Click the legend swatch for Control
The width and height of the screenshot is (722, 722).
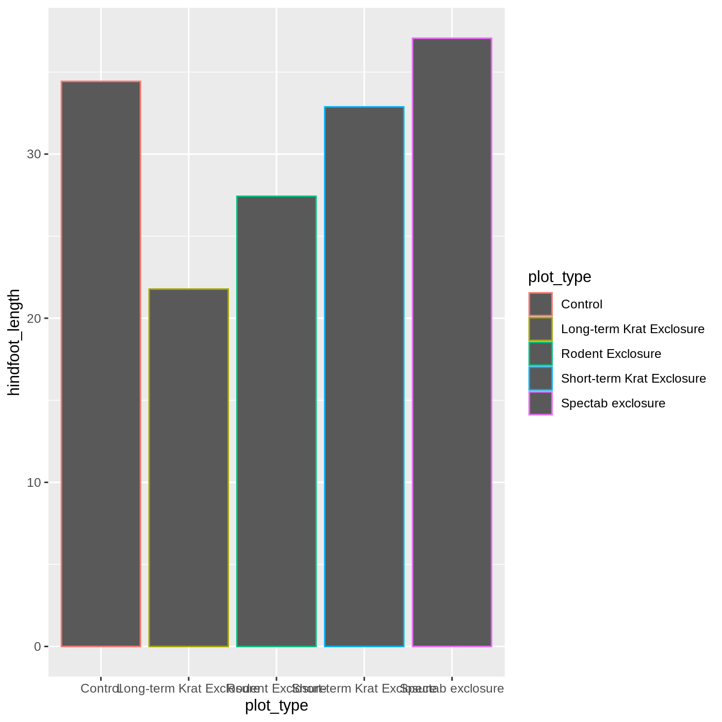[540, 304]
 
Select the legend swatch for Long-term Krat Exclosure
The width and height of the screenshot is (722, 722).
[540, 329]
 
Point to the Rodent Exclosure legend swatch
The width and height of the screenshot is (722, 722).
[540, 354]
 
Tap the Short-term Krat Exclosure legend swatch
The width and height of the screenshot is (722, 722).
[540, 379]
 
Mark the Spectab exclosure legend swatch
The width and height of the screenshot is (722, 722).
[540, 403]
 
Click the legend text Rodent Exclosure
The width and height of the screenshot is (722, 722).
[611, 354]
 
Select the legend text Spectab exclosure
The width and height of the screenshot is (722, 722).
[613, 403]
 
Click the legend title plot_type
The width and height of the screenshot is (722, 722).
[560, 277]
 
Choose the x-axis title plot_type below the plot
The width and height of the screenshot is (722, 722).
[276, 705]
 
